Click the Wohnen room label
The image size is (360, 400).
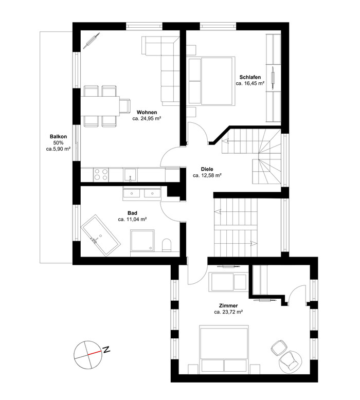pyautogui.click(x=147, y=112)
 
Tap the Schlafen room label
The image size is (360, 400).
pyautogui.click(x=250, y=77)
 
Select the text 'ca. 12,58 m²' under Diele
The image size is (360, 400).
pyautogui.click(x=207, y=175)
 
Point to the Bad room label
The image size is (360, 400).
pyautogui.click(x=132, y=213)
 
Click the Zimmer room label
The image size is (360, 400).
pyautogui.click(x=228, y=305)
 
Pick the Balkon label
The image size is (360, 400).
pyautogui.click(x=58, y=136)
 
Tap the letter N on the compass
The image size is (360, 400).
pyautogui.click(x=106, y=349)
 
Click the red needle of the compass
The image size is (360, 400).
pyautogui.click(x=95, y=353)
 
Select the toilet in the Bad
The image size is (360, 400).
pyautogui.click(x=167, y=245)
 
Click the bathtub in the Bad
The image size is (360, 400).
pyautogui.click(x=100, y=235)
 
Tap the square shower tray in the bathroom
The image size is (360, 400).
pyautogui.click(x=142, y=240)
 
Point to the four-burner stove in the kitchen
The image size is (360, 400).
pyautogui.click(x=101, y=174)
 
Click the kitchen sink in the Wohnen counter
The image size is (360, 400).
pyautogui.click(x=130, y=174)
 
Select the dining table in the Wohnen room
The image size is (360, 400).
pyautogui.click(x=100, y=106)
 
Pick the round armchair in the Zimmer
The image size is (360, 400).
pyautogui.click(x=291, y=360)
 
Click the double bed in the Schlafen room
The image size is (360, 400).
pyautogui.click(x=211, y=81)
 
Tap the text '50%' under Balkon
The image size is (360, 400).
pyautogui.click(x=58, y=143)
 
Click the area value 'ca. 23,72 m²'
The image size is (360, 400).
pyautogui.click(x=228, y=312)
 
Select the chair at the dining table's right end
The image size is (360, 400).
pyautogui.click(x=125, y=106)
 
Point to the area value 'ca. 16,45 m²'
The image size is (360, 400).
pyautogui.click(x=250, y=83)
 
